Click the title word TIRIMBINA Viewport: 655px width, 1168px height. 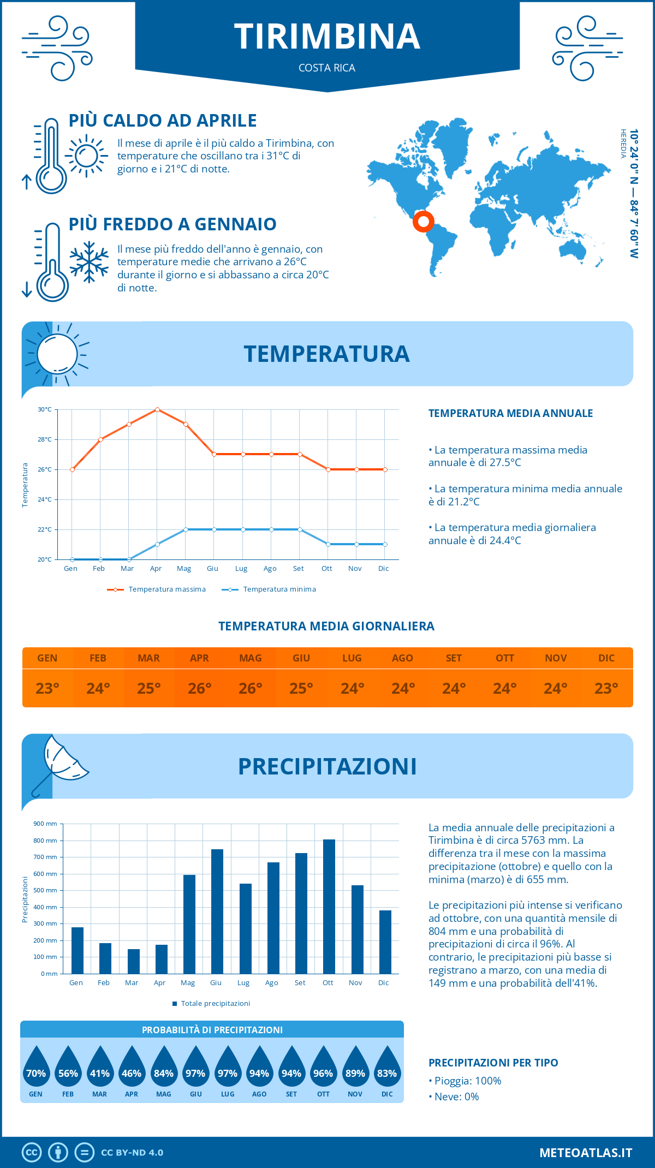[x=327, y=37]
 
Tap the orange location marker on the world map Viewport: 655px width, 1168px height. [x=423, y=222]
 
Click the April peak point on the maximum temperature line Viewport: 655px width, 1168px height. [x=157, y=409]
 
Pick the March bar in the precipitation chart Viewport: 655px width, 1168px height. [x=133, y=961]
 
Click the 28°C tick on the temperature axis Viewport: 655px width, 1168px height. [x=45, y=439]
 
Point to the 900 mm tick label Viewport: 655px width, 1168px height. [x=45, y=824]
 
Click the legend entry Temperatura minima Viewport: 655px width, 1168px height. [x=279, y=589]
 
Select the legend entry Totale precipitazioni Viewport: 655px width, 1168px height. [x=215, y=1004]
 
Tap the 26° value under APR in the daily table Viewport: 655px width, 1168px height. [x=199, y=688]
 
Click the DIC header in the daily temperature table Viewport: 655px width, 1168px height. [x=606, y=658]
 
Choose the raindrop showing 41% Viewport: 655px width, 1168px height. [x=100, y=1069]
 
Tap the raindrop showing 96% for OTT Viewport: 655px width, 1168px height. [x=323, y=1069]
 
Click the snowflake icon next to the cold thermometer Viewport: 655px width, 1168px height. [x=89, y=262]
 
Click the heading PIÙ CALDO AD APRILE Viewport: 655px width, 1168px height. [x=163, y=121]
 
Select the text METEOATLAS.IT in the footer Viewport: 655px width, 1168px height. [x=585, y=1153]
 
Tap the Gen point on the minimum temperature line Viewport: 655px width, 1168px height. [x=72, y=559]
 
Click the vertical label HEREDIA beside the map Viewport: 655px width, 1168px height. [x=623, y=144]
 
